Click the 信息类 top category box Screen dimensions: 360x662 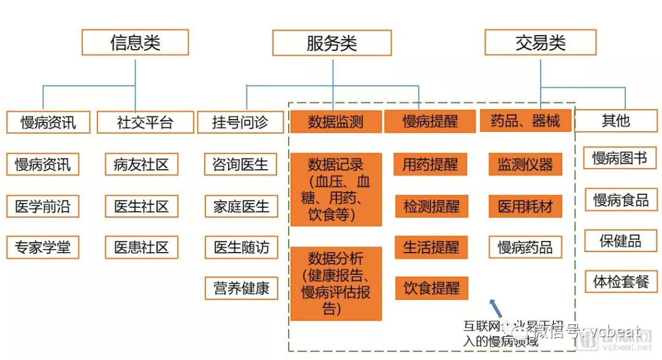point(135,42)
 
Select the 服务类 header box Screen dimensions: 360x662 point(332,43)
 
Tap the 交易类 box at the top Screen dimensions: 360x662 point(540,42)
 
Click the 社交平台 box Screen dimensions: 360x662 point(145,122)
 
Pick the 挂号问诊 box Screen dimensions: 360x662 point(240,122)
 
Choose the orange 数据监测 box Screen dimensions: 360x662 point(335,121)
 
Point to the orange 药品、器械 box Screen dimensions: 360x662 point(525,121)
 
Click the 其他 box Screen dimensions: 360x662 point(615,121)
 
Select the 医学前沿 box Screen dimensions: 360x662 point(43,206)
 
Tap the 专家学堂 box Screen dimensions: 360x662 point(43,247)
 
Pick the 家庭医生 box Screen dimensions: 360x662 point(241,207)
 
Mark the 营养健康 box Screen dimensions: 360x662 point(241,288)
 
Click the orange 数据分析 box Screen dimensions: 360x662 point(336,283)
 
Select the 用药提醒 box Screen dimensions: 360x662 point(431,164)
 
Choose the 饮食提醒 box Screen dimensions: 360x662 point(431,288)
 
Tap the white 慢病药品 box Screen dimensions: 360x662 point(525,247)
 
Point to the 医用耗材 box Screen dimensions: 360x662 point(525,206)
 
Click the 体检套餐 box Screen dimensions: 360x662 point(621,281)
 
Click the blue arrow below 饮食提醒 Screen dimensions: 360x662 point(495,306)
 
